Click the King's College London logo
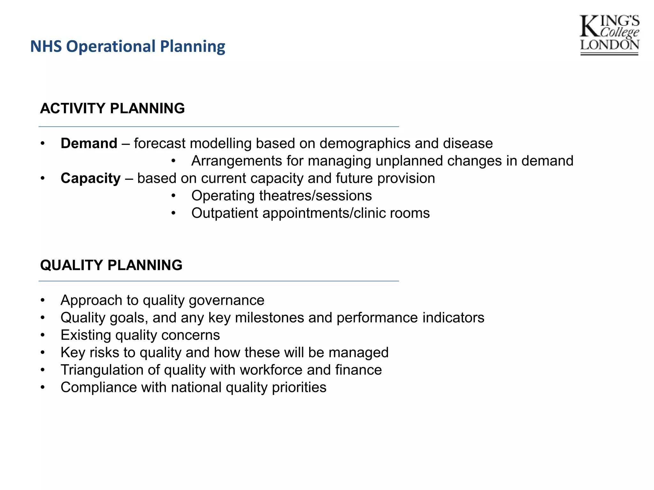click(609, 35)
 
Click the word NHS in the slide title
click(46, 46)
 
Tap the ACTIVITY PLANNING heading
click(112, 108)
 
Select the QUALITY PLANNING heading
click(111, 265)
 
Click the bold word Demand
click(89, 144)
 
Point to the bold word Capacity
click(91, 178)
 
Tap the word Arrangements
click(236, 161)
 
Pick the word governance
click(226, 301)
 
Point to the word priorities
click(299, 388)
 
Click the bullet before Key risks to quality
click(43, 353)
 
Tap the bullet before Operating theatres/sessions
click(173, 196)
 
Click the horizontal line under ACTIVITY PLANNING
click(219, 127)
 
